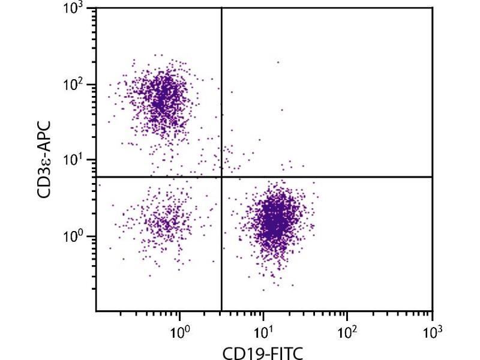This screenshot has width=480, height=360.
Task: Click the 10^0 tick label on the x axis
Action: click(x=179, y=330)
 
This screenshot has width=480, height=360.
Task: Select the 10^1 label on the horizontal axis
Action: click(x=263, y=330)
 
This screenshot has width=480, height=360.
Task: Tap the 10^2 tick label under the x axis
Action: click(x=347, y=330)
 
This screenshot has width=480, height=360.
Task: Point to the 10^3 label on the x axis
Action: click(x=431, y=330)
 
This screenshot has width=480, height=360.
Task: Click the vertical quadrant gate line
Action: click(x=222, y=90)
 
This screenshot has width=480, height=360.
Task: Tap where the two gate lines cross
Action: click(x=222, y=177)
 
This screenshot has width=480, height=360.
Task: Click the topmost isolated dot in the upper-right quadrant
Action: click(x=278, y=62)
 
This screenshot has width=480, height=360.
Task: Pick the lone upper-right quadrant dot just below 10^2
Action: click(x=282, y=110)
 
